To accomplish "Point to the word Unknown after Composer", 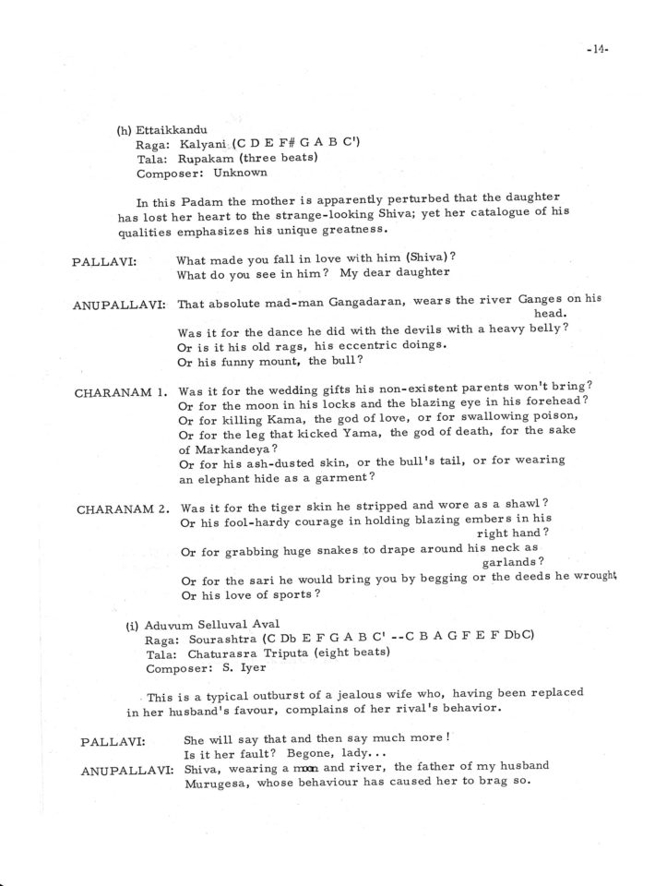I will pyautogui.click(x=240, y=173).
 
